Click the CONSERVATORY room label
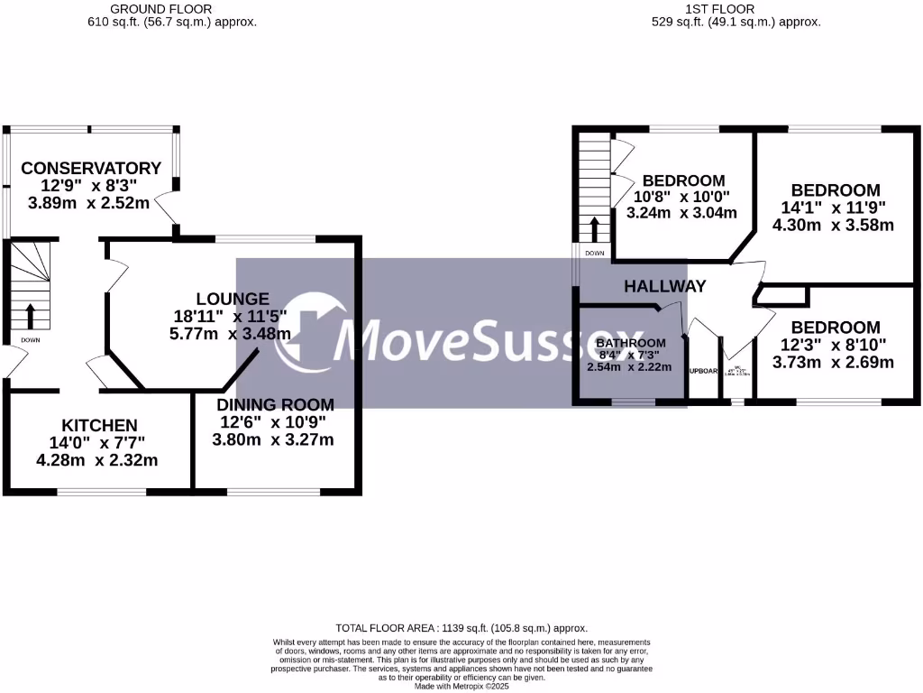pyautogui.click(x=91, y=169)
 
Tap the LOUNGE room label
pyautogui.click(x=233, y=299)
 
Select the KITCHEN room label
pyautogui.click(x=99, y=425)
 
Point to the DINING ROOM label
pyautogui.click(x=275, y=404)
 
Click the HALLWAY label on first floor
pyautogui.click(x=665, y=286)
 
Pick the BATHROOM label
pyautogui.click(x=631, y=343)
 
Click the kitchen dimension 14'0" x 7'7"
pyautogui.click(x=97, y=443)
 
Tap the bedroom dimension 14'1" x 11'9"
pyautogui.click(x=835, y=208)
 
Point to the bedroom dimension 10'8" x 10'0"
pyautogui.click(x=681, y=197)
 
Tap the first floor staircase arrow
pyautogui.click(x=594, y=229)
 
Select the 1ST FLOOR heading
pyautogui.click(x=736, y=9)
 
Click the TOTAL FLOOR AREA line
pyautogui.click(x=461, y=628)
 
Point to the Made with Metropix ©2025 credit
pyautogui.click(x=461, y=686)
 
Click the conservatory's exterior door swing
pyautogui.click(x=165, y=209)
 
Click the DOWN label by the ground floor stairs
pyautogui.click(x=30, y=339)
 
